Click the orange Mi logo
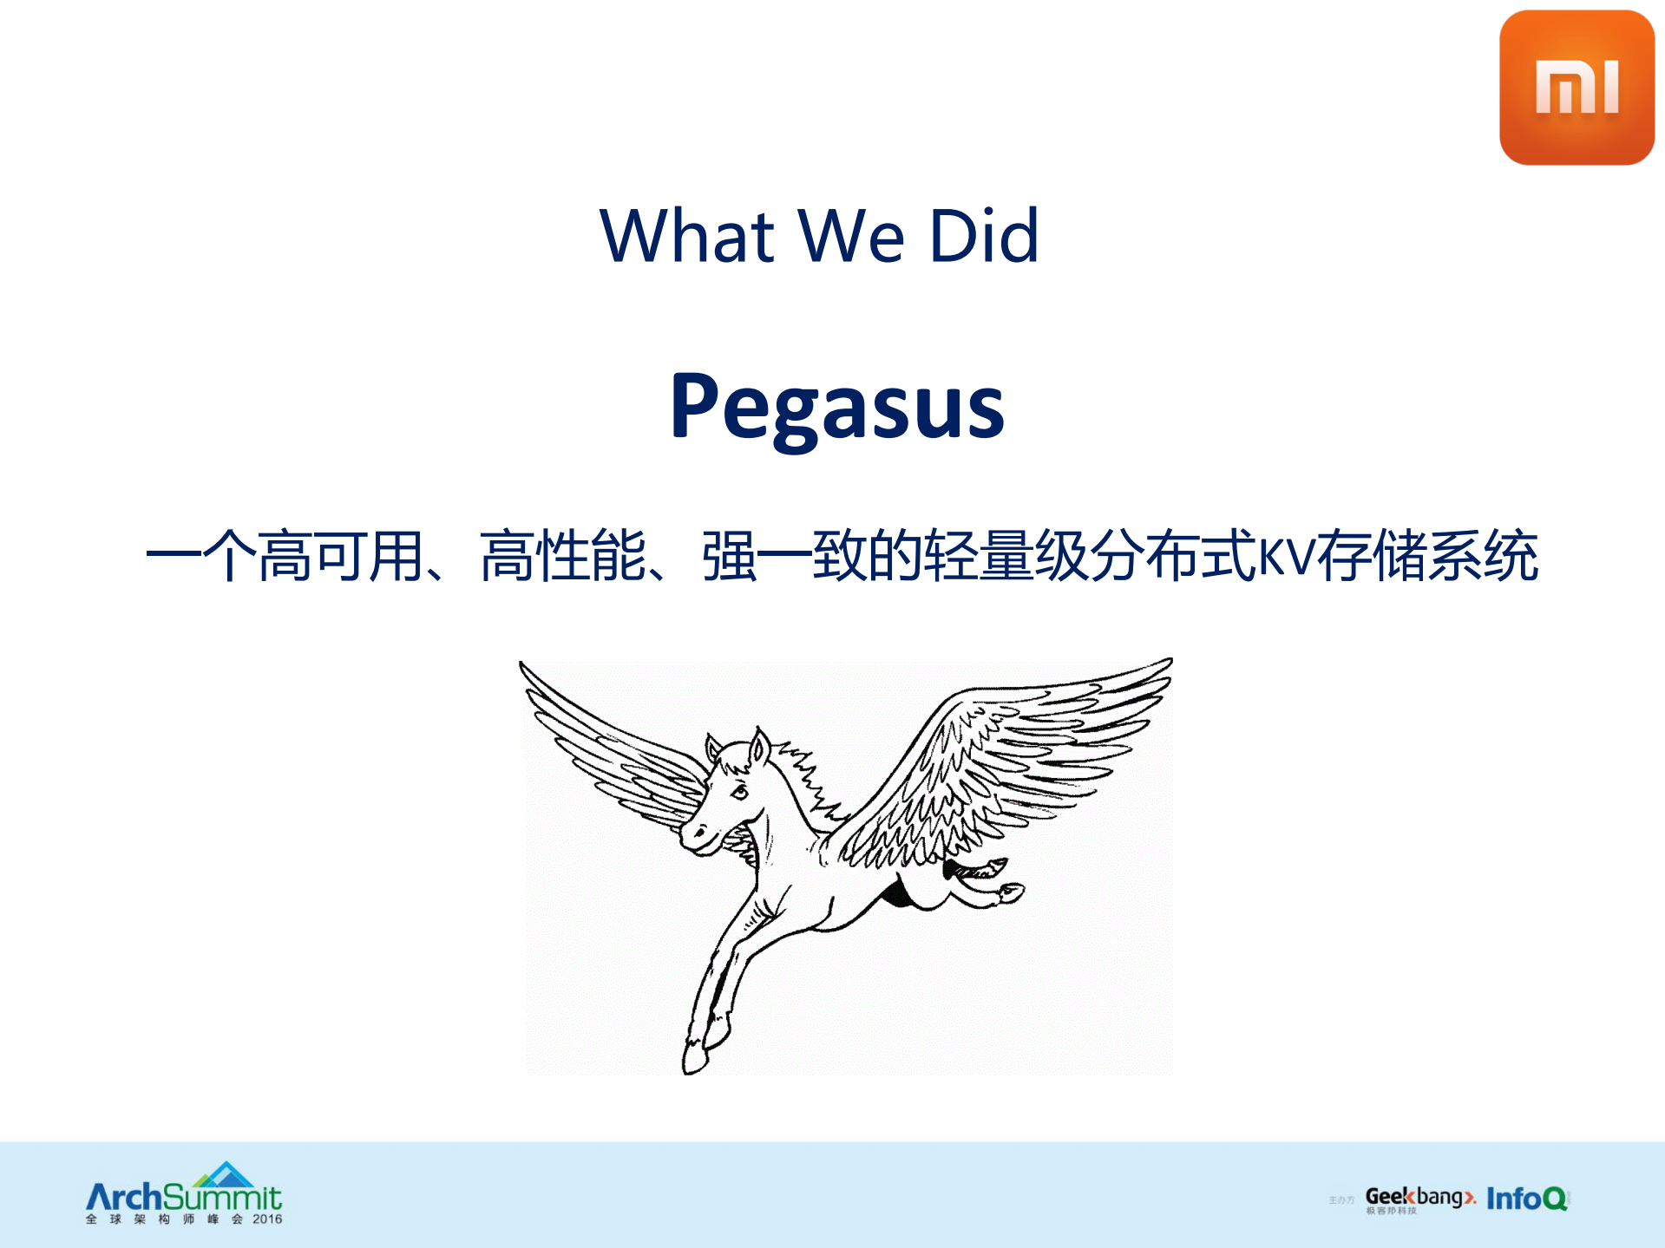tap(1576, 88)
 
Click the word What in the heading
tap(686, 236)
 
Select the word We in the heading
tap(851, 236)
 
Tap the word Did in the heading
tap(984, 236)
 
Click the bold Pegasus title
tap(837, 406)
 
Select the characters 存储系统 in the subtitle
tap(1427, 556)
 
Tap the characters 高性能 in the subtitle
tap(563, 556)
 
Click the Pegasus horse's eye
tap(739, 791)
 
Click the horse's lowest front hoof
tap(694, 1060)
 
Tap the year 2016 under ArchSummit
tap(267, 1219)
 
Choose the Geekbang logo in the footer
tap(1419, 1199)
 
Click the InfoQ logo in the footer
tap(1526, 1199)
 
